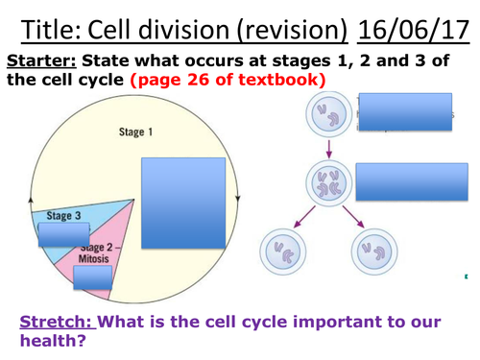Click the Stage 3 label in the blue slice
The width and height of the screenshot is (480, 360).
[x=65, y=216]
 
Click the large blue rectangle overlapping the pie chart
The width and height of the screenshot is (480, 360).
[x=183, y=201]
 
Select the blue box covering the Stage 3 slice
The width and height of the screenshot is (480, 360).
[x=64, y=235]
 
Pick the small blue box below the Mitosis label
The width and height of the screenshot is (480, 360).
[x=92, y=277]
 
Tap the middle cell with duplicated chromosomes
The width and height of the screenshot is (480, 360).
[x=329, y=183]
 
